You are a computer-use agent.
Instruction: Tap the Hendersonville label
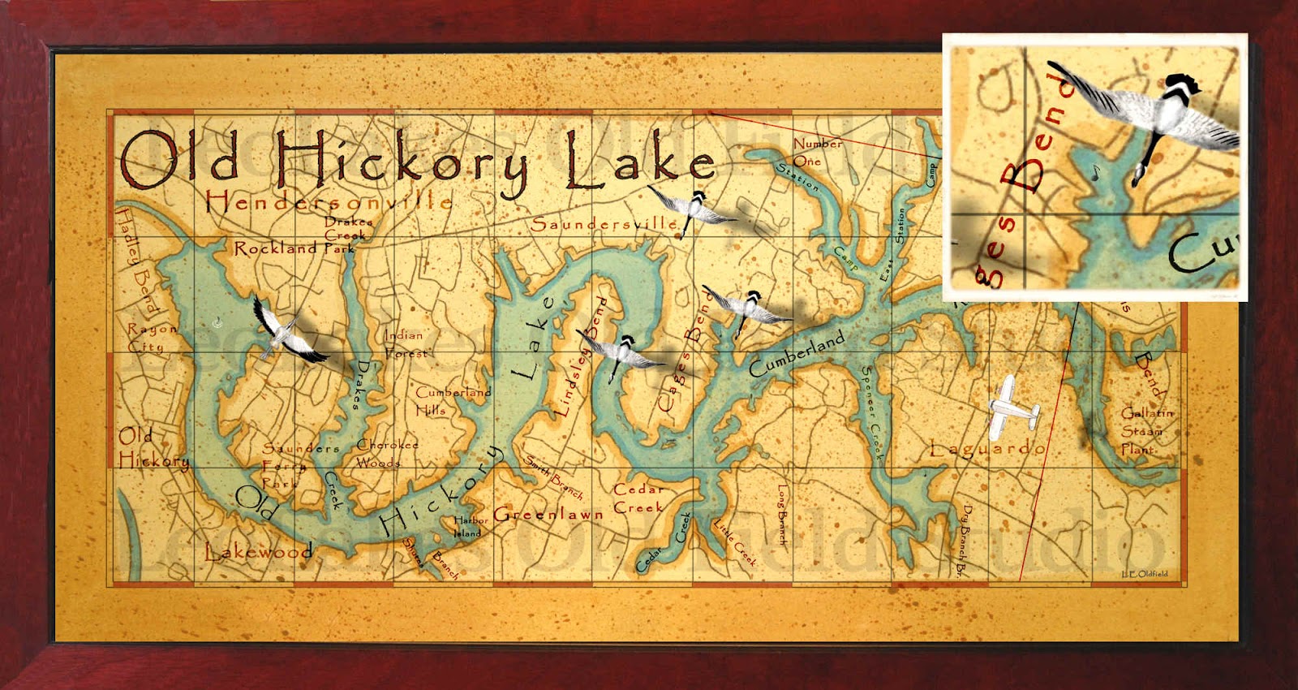(329, 201)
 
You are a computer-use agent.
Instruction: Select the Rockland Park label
(294, 248)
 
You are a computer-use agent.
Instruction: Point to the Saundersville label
(604, 223)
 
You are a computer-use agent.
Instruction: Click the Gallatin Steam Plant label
(1146, 430)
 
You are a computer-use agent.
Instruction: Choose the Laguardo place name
(987, 448)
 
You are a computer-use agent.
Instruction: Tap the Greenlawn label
(548, 514)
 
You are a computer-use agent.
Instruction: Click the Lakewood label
(258, 552)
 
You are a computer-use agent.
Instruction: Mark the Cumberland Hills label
(453, 400)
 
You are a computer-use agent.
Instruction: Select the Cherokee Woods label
(387, 453)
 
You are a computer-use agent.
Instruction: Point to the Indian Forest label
(405, 343)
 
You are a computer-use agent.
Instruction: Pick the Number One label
(815, 152)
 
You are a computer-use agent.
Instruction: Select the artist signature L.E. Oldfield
(1145, 574)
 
